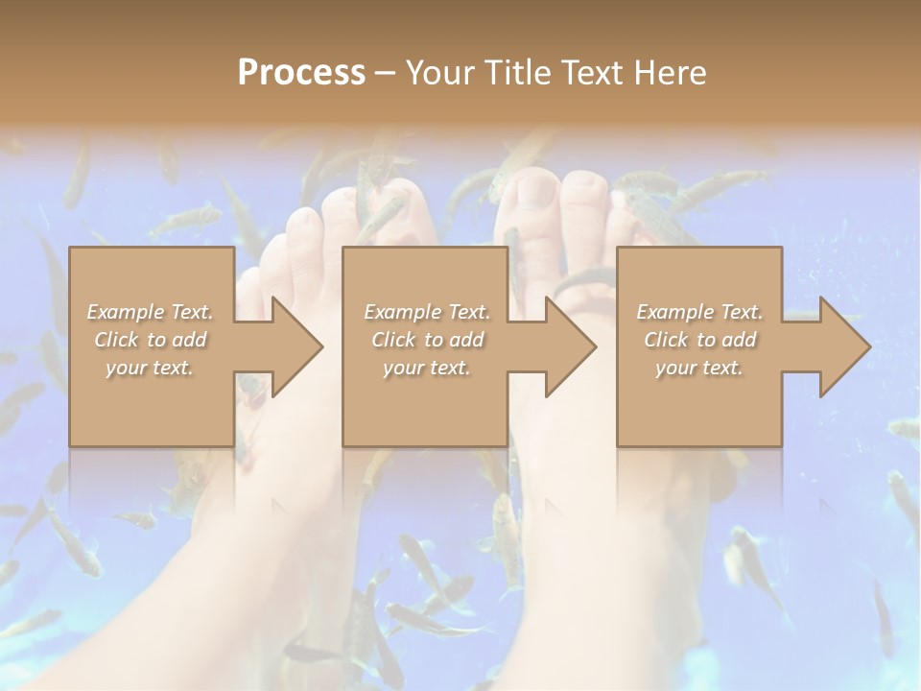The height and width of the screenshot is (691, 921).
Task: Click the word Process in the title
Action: pos(301,73)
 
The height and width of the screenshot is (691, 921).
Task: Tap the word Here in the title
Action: pos(671,73)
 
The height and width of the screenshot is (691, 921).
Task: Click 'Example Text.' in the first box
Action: pos(150,312)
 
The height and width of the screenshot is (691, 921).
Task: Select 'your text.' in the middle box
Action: pos(426,368)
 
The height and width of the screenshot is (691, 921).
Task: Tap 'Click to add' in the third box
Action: pos(699,340)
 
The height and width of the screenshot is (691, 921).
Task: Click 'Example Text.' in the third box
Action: pos(699,312)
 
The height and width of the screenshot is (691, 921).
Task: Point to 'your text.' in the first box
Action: pos(150,368)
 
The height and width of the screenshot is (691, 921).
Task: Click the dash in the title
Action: pos(385,73)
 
